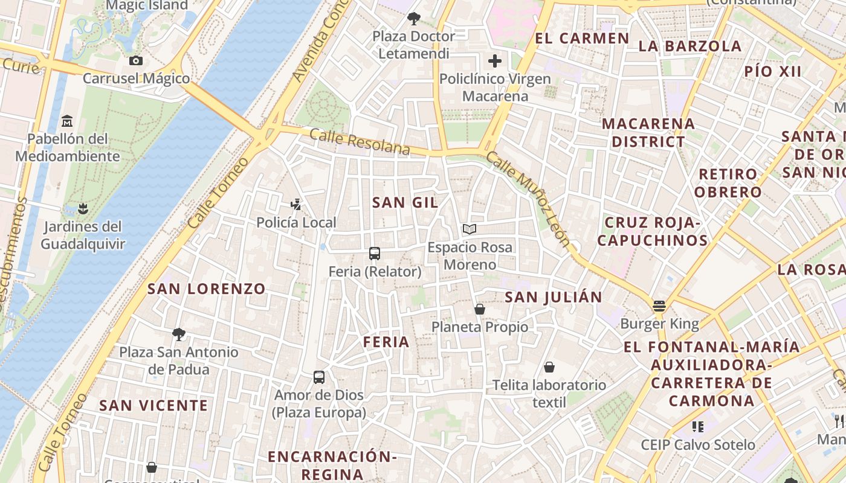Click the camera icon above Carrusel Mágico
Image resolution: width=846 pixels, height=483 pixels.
coord(136,60)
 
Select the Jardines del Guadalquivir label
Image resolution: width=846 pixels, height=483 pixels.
coord(83,235)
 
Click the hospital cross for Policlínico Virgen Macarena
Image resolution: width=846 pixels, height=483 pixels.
coord(495,61)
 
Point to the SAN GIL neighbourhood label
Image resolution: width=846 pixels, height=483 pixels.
coord(405,203)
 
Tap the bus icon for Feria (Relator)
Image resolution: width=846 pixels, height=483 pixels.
coord(375,254)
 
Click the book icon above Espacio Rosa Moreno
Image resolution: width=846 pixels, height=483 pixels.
coord(470,229)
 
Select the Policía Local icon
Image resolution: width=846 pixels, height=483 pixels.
coord(296,205)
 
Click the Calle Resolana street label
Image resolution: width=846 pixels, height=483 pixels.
coord(360,142)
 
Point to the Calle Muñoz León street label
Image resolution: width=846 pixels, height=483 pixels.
coord(528,199)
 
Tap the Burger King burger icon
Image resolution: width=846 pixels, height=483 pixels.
coord(659,306)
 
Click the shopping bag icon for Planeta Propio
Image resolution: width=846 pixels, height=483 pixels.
coord(480,309)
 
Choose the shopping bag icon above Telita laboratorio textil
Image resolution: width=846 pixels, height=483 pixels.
coord(549,367)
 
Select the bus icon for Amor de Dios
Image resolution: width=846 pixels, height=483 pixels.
coord(319,377)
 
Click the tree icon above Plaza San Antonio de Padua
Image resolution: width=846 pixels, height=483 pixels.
coord(178,334)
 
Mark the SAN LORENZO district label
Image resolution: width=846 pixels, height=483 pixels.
coord(207,289)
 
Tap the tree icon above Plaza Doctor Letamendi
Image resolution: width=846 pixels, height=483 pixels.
coord(414,18)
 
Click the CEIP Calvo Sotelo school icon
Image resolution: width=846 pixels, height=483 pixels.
coord(698,427)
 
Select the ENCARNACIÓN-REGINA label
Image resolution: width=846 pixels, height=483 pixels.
coord(332,465)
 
